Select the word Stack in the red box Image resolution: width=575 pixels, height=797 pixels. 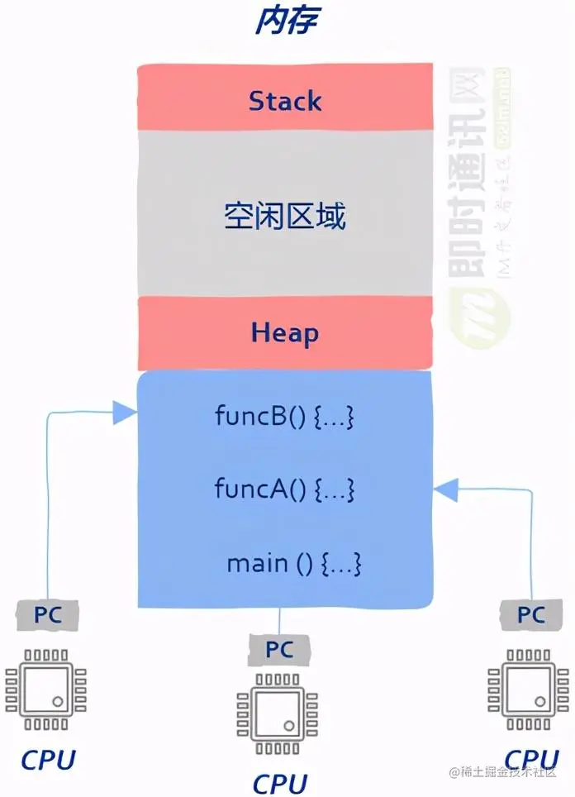(x=285, y=102)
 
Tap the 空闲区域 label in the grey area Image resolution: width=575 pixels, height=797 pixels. (x=285, y=217)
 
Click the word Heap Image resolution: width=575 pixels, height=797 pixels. (x=285, y=333)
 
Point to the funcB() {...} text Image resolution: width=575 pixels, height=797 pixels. (x=285, y=416)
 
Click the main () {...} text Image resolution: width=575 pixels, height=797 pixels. (x=295, y=564)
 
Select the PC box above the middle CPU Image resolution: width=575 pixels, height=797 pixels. (x=279, y=650)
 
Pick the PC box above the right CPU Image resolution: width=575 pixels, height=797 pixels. (x=531, y=615)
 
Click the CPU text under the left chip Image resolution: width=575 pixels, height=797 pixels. (x=48, y=759)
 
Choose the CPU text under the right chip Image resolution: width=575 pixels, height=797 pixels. (x=531, y=758)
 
